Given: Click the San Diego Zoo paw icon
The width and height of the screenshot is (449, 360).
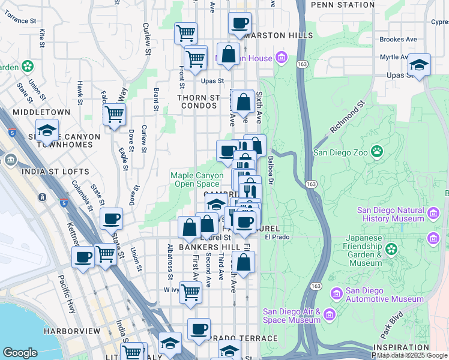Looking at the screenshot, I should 377,151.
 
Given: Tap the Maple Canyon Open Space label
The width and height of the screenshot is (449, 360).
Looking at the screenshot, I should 194,179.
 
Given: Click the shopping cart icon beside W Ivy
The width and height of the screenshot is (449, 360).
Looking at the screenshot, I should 190,293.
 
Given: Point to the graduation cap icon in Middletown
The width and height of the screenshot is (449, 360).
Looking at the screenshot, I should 47,130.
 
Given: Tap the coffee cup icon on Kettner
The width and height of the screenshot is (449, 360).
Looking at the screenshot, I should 83,257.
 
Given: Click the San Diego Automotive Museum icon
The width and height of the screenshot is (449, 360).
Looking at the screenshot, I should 336,292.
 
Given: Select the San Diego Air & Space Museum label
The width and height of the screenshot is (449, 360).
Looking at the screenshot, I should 292,316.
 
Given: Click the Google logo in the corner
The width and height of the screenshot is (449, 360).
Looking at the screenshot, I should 20,353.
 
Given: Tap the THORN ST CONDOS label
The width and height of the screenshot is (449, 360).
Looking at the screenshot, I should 197,101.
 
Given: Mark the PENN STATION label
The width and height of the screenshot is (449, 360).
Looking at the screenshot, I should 343,5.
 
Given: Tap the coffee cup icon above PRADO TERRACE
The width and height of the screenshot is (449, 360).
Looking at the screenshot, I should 199,329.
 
